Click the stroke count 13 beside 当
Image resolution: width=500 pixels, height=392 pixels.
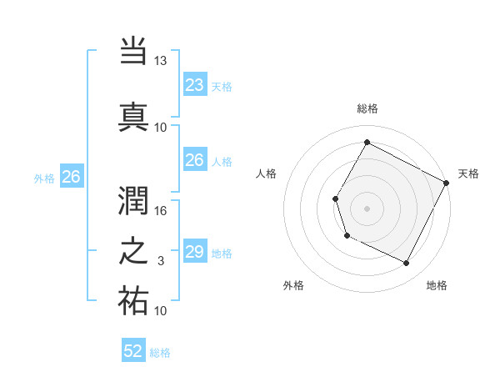coord(161,61)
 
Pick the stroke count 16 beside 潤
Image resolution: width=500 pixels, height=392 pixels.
coord(161,211)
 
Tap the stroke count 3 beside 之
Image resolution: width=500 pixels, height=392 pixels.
coord(161,261)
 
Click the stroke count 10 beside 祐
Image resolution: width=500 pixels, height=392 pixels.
coord(161,311)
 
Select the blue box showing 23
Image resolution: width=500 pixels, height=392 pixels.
coord(194,84)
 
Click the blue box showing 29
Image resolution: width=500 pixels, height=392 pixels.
coord(194,252)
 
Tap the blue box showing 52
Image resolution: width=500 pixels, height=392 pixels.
coord(133,351)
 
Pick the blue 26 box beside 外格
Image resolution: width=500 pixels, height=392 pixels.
coord(71,177)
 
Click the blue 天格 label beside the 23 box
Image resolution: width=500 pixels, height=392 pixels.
coord(222,86)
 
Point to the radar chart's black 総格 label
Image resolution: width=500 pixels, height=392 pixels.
coord(367,108)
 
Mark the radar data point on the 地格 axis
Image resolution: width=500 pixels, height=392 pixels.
coord(406,264)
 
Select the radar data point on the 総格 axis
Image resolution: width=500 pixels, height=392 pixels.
coord(367,142)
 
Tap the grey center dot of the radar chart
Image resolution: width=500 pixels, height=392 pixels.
coord(367,208)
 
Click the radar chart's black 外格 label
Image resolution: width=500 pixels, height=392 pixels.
coord(293,286)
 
